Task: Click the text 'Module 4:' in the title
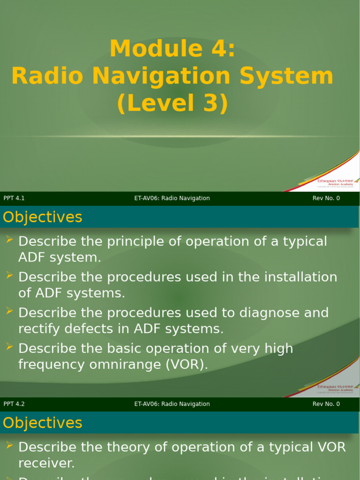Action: coord(172,49)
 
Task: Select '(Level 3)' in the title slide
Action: coord(172,103)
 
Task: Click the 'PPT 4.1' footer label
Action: coord(14,198)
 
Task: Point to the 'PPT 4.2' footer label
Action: coord(14,404)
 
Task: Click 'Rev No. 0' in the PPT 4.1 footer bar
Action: coord(326,198)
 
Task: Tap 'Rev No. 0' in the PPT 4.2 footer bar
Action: coord(326,404)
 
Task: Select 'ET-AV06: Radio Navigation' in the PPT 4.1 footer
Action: coord(172,198)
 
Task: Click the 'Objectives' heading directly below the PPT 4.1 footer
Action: coord(42,217)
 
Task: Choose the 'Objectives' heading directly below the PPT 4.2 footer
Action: coord(42,423)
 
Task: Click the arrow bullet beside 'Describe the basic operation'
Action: coord(9,347)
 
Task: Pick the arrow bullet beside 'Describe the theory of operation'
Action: coord(9,446)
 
